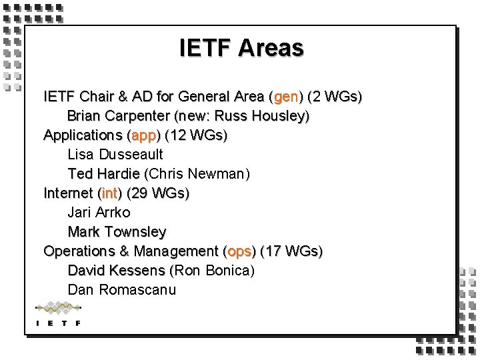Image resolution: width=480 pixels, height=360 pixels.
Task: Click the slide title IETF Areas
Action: pyautogui.click(x=241, y=48)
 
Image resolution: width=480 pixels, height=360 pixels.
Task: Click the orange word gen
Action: pyautogui.click(x=286, y=97)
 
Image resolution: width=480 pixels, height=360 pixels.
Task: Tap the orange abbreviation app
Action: pyautogui.click(x=143, y=135)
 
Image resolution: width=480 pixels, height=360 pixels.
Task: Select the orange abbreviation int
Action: pyautogui.click(x=109, y=193)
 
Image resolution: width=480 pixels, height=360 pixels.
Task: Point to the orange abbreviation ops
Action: pyautogui.click(x=239, y=251)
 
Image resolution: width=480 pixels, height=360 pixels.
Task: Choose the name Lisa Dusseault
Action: pyautogui.click(x=115, y=155)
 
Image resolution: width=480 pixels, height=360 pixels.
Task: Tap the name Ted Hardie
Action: pyautogui.click(x=103, y=174)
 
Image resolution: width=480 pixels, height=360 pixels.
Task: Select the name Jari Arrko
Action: pyautogui.click(x=99, y=213)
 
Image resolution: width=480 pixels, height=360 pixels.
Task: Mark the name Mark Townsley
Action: pyautogui.click(x=117, y=232)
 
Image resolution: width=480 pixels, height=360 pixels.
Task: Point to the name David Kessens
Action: pyautogui.click(x=116, y=271)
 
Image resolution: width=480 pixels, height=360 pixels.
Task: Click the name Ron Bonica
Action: pyautogui.click(x=213, y=271)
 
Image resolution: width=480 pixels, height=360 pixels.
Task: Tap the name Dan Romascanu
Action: pyautogui.click(x=122, y=290)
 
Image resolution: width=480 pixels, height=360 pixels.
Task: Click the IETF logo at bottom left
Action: pyautogui.click(x=58, y=314)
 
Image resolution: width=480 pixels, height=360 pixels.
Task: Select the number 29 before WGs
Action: pyautogui.click(x=139, y=193)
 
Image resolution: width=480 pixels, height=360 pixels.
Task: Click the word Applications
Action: pyautogui.click(x=83, y=135)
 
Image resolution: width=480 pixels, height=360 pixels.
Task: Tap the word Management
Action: pyautogui.click(x=176, y=251)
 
